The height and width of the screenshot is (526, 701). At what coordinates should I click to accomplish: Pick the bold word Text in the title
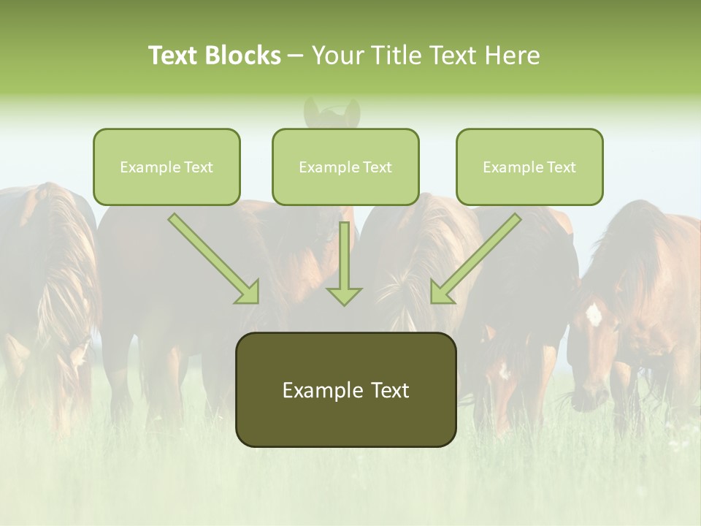click(x=174, y=56)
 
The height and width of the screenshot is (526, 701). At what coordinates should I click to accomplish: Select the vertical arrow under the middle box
click(x=344, y=263)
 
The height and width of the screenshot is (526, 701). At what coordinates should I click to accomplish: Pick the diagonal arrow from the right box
click(x=475, y=259)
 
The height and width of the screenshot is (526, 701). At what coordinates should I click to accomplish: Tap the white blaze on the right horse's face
click(x=594, y=314)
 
